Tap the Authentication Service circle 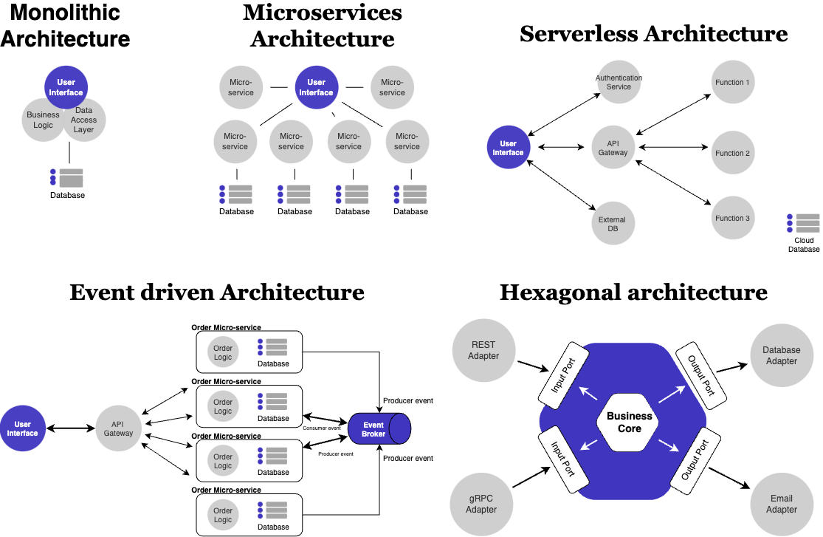tap(619, 83)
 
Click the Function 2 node tap(732, 153)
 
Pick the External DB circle tap(612, 224)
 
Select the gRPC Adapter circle tap(481, 504)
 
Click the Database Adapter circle tap(781, 355)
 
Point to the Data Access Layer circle tap(85, 120)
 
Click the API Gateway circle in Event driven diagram tap(118, 428)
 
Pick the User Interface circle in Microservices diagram tap(317, 88)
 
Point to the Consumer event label tap(321, 428)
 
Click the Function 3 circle tap(732, 218)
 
